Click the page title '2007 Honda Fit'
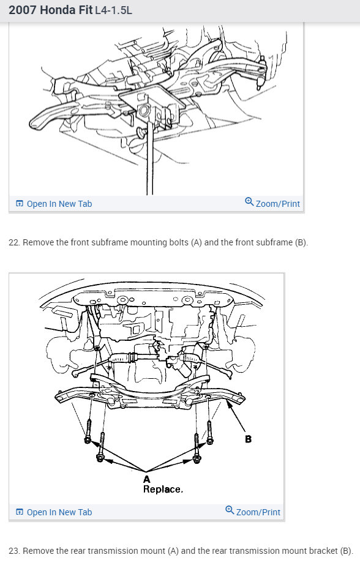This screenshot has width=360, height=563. tap(51, 10)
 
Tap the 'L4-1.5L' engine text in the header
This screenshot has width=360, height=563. tap(113, 10)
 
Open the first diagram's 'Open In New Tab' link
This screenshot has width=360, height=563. tap(59, 204)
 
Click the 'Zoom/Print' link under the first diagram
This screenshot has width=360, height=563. tap(278, 204)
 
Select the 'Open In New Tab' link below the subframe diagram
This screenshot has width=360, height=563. tap(59, 512)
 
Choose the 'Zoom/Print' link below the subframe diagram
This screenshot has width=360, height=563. tap(258, 512)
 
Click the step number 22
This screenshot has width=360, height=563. tap(13, 242)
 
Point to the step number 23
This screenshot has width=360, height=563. tap(13, 551)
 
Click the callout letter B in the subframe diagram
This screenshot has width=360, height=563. tap(248, 439)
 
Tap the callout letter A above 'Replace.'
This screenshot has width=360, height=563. tap(146, 479)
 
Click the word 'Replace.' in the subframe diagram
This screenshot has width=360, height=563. tap(163, 489)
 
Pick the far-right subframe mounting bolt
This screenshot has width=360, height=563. tap(210, 432)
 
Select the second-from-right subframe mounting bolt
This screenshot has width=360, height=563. tap(197, 448)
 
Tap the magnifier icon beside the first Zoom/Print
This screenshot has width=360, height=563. tap(249, 202)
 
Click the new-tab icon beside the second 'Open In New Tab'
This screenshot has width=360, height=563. tap(20, 512)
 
